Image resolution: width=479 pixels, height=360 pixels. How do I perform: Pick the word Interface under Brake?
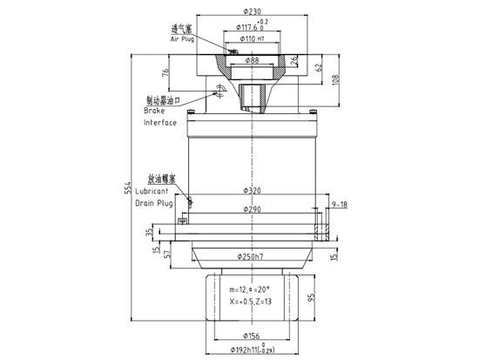pos(159,123)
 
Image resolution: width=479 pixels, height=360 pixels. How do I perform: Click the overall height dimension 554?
pos(131,179)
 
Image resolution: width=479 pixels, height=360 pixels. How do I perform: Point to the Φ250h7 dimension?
pos(252,256)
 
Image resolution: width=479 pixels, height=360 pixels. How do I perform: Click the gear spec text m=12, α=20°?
pos(250,289)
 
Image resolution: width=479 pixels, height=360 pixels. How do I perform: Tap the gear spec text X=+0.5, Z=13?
pos(251,301)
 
